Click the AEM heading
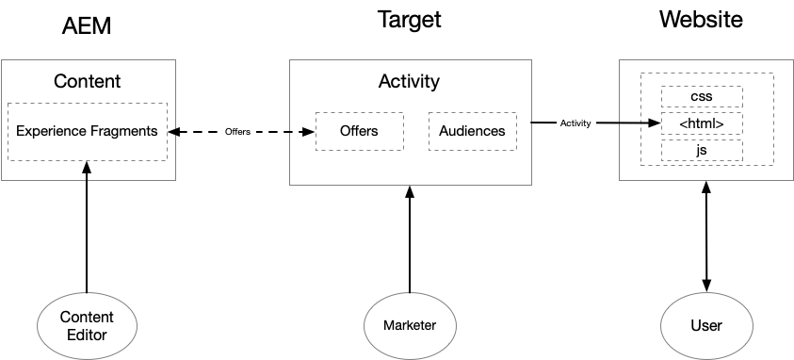(87, 25)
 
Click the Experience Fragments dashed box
(87, 131)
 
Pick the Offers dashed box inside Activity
(359, 131)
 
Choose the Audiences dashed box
(472, 131)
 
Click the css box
(702, 96)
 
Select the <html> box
(702, 123)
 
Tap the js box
(702, 150)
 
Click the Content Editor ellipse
(87, 325)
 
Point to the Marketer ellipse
(409, 325)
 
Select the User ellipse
(705, 325)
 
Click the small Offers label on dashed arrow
(237, 132)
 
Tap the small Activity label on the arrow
(575, 123)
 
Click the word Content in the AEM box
(87, 81)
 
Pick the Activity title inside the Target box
(409, 81)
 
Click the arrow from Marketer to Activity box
(409, 240)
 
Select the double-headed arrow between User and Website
(705, 236)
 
